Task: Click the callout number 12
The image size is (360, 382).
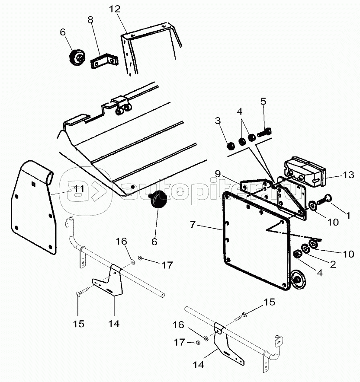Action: click(115, 9)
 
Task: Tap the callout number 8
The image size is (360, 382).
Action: click(90, 20)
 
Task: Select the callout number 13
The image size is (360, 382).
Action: click(348, 175)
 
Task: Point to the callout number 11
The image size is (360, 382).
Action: click(79, 189)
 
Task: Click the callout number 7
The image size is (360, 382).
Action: click(193, 224)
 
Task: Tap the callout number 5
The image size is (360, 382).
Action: click(263, 102)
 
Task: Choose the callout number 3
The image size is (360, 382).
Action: click(218, 121)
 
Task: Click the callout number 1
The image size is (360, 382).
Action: click(348, 215)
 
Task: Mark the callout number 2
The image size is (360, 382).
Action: click(333, 264)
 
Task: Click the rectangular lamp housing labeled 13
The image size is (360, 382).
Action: click(305, 172)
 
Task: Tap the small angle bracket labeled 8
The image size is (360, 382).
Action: click(104, 62)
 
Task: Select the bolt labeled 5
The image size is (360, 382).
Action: click(264, 132)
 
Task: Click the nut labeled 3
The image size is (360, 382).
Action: click(231, 146)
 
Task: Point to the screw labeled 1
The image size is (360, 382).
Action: click(323, 200)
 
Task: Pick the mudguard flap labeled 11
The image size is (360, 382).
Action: click(33, 207)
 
